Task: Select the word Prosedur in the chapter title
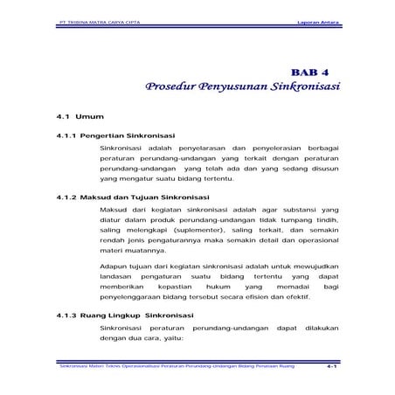(x=171, y=88)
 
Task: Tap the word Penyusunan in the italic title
(x=241, y=88)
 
